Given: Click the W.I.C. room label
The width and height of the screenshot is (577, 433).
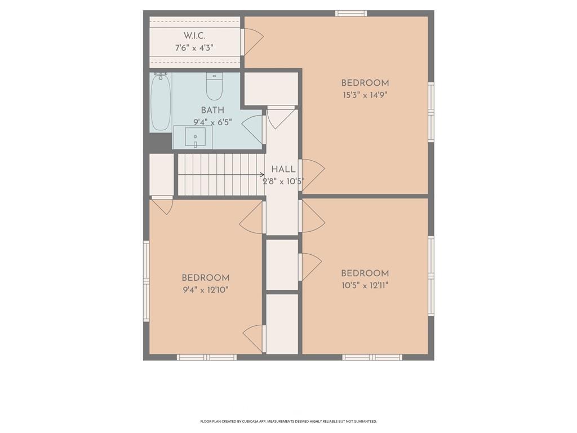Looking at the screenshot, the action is point(194,36).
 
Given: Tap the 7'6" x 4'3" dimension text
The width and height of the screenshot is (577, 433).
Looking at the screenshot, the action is point(194,48).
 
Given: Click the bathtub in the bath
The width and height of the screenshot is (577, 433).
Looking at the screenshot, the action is point(161,101).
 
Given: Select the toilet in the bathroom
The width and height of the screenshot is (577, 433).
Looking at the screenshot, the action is point(214,86).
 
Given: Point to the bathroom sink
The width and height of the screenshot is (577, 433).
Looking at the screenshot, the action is point(195,137).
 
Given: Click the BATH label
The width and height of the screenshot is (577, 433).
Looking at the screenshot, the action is point(212,110).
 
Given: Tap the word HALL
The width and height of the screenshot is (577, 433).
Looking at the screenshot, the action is point(283,169).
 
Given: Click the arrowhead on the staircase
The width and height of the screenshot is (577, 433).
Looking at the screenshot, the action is point(261,175).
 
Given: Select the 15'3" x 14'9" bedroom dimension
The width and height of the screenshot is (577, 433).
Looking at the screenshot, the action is point(365,95).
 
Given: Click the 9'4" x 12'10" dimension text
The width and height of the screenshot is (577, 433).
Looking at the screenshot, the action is point(206,290).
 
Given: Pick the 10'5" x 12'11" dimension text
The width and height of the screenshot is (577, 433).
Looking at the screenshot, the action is point(365,285).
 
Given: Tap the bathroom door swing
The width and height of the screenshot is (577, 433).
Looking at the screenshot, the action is point(252,130).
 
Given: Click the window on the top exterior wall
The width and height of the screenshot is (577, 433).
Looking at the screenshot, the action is point(351,14).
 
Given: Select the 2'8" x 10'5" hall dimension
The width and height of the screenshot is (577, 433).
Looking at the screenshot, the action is point(283,182).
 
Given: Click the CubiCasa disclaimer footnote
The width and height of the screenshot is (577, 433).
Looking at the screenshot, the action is point(288,421).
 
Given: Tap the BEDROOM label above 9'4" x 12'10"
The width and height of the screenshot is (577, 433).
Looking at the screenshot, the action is point(206,277).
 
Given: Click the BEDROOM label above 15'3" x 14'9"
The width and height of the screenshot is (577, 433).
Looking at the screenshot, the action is point(365,83).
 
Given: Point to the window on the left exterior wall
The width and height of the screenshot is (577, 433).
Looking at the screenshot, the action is point(146,281).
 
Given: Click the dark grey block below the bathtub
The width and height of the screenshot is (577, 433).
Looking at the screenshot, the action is point(161,142).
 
